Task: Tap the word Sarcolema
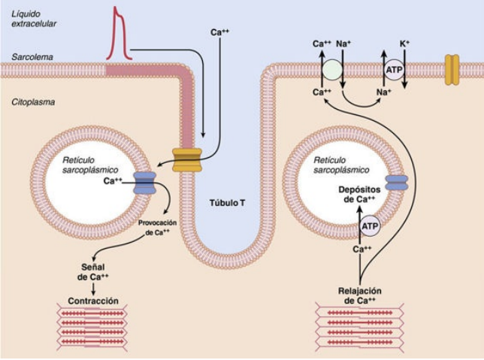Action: [x=32, y=57]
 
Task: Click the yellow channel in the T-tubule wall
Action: [x=187, y=159]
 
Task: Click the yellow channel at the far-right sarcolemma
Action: [x=452, y=69]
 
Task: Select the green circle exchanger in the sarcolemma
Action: [x=331, y=71]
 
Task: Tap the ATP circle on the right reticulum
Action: [x=368, y=225]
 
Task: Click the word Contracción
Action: [x=93, y=301]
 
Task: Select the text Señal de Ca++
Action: [x=93, y=271]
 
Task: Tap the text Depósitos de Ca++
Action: [x=358, y=195]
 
